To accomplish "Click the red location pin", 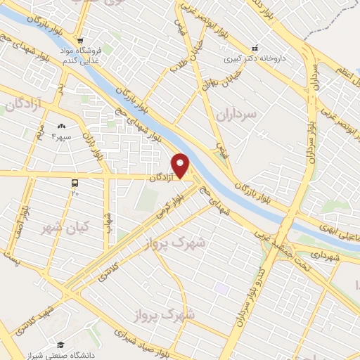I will [181, 166].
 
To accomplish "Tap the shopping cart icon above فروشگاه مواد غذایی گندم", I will [82, 40].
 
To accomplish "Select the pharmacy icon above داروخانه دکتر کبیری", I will [255, 48].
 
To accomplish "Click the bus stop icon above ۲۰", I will [75, 182].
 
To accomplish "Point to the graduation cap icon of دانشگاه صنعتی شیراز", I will [60, 345].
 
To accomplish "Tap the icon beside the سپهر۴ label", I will [59, 127].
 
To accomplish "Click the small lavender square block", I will [222, 288].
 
